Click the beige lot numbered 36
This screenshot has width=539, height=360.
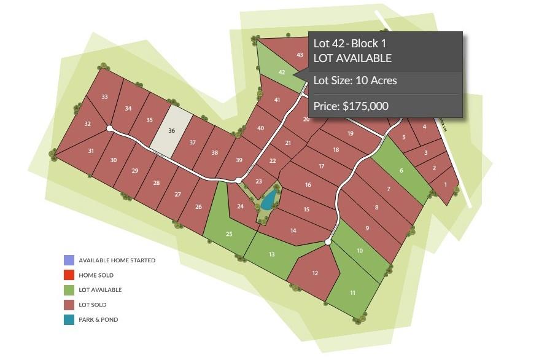171,131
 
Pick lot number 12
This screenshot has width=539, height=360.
315,273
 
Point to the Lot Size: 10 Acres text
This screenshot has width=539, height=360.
355,80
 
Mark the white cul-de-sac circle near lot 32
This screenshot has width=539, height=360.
109,128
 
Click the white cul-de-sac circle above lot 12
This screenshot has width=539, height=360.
328,243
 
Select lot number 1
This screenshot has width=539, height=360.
446,184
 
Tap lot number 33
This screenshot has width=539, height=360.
105,97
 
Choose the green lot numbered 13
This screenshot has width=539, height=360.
271,254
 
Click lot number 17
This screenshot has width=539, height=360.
321,166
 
